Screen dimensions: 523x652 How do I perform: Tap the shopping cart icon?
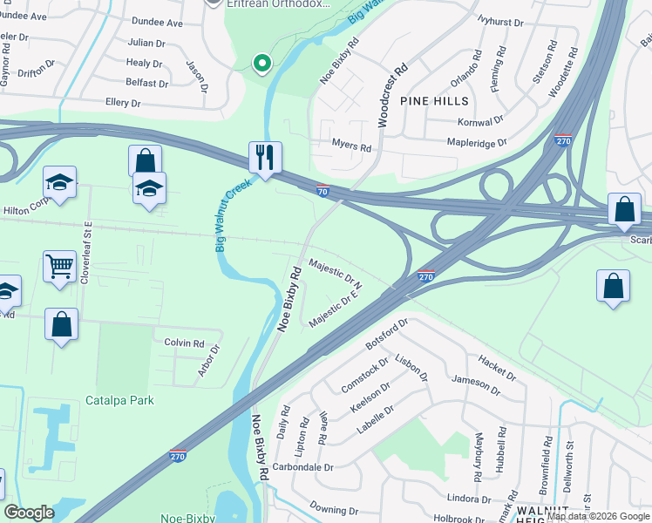click(x=59, y=267)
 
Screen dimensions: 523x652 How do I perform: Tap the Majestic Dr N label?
click(x=336, y=273)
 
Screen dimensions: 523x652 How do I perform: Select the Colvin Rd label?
click(x=184, y=343)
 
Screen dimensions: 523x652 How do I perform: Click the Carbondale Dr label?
click(x=303, y=467)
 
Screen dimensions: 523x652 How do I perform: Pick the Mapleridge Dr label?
click(x=477, y=141)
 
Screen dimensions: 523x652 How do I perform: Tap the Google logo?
click(x=29, y=513)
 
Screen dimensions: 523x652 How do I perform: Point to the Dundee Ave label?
click(x=157, y=23)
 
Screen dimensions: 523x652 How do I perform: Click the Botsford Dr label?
click(x=387, y=334)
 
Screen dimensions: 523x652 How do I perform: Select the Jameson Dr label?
click(x=476, y=385)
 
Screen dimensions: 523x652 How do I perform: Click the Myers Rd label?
click(x=351, y=146)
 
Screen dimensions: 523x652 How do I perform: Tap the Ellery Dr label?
click(x=122, y=103)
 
